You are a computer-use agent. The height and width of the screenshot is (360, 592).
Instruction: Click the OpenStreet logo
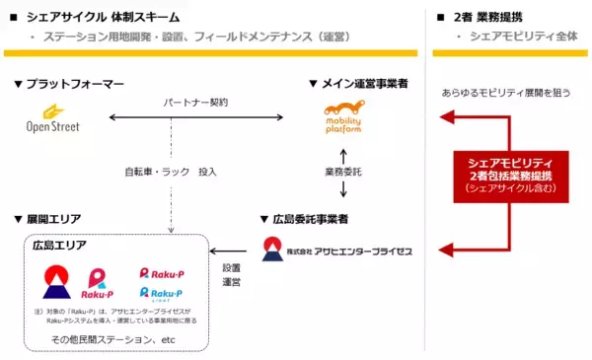(x=54, y=118)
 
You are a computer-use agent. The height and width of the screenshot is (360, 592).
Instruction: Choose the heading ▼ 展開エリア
(x=48, y=218)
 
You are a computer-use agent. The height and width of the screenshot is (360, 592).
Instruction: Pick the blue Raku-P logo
(x=162, y=295)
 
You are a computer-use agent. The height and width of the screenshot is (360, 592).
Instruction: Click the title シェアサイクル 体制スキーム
(x=109, y=17)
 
